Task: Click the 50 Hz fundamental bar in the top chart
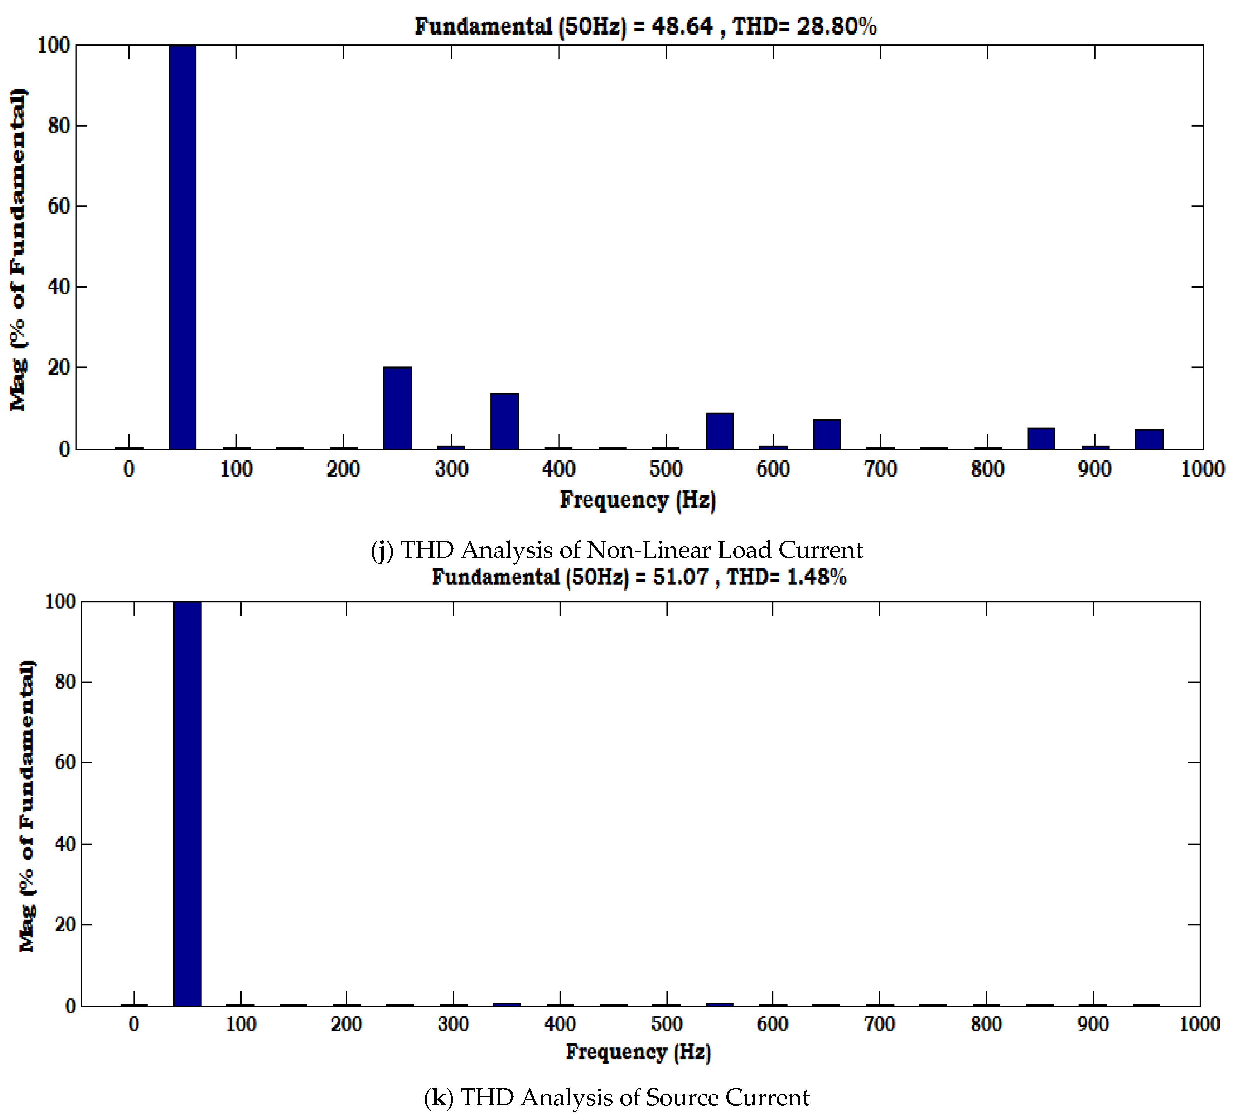183,245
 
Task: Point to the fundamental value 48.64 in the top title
682,26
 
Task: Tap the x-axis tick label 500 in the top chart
666,469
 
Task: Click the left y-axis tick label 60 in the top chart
59,206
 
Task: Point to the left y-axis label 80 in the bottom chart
65,682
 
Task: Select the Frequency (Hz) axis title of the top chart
638,500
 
